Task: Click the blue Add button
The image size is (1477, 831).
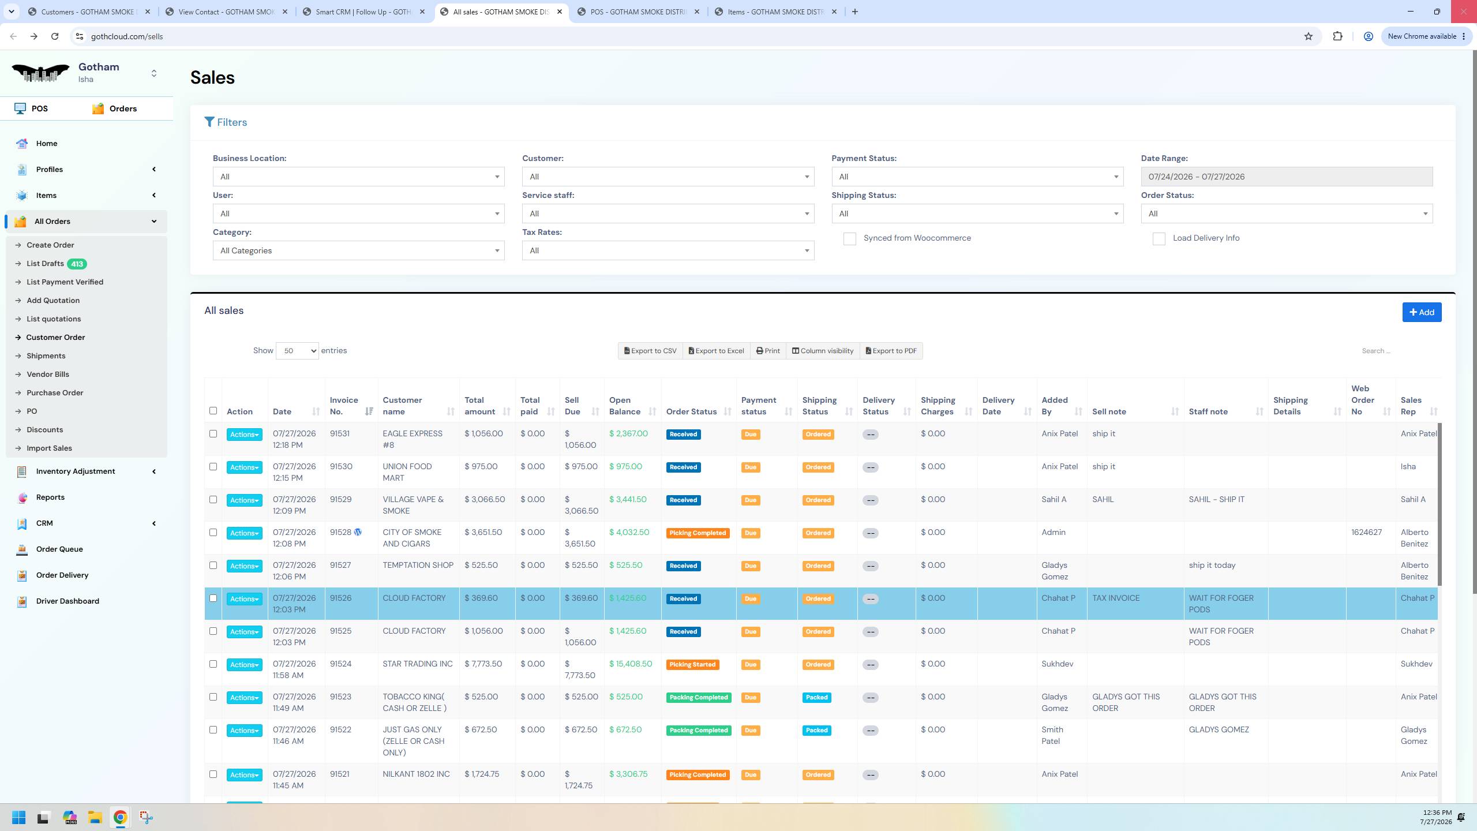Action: point(1422,312)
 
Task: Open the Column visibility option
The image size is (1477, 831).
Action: point(822,351)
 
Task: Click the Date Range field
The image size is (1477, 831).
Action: point(1286,177)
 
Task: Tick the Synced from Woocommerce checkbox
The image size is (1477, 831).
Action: point(849,239)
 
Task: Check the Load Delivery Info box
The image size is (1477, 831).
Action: point(1159,239)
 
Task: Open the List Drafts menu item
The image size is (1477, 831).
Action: point(45,264)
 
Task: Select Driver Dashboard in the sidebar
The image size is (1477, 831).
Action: point(68,601)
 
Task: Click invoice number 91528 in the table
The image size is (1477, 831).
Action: point(340,532)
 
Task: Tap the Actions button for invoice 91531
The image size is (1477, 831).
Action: point(244,435)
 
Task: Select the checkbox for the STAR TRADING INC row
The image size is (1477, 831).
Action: point(213,664)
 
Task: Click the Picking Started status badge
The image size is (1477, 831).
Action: point(692,665)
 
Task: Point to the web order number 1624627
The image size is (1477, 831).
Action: point(1366,532)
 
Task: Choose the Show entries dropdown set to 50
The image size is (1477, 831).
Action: point(297,351)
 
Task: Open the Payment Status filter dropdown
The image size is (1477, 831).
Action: point(977,177)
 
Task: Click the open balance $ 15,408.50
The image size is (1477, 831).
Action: point(631,664)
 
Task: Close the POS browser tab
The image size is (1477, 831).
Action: point(697,12)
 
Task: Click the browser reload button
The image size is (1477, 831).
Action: point(55,36)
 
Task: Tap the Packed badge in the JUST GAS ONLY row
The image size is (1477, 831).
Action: point(816,731)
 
